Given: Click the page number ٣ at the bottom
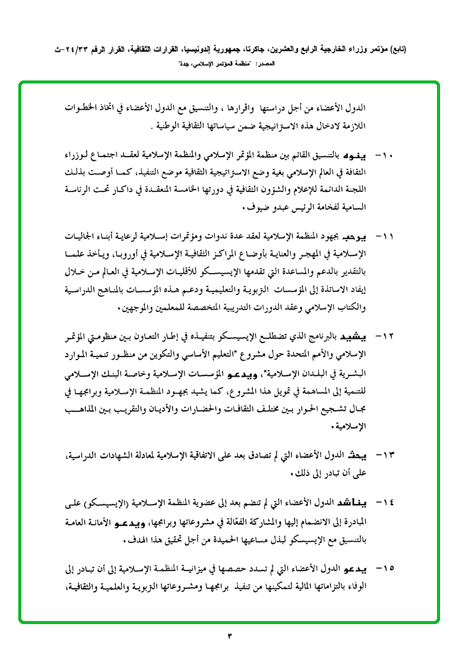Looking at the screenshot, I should (230, 636).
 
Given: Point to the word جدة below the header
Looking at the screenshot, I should (182, 63).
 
